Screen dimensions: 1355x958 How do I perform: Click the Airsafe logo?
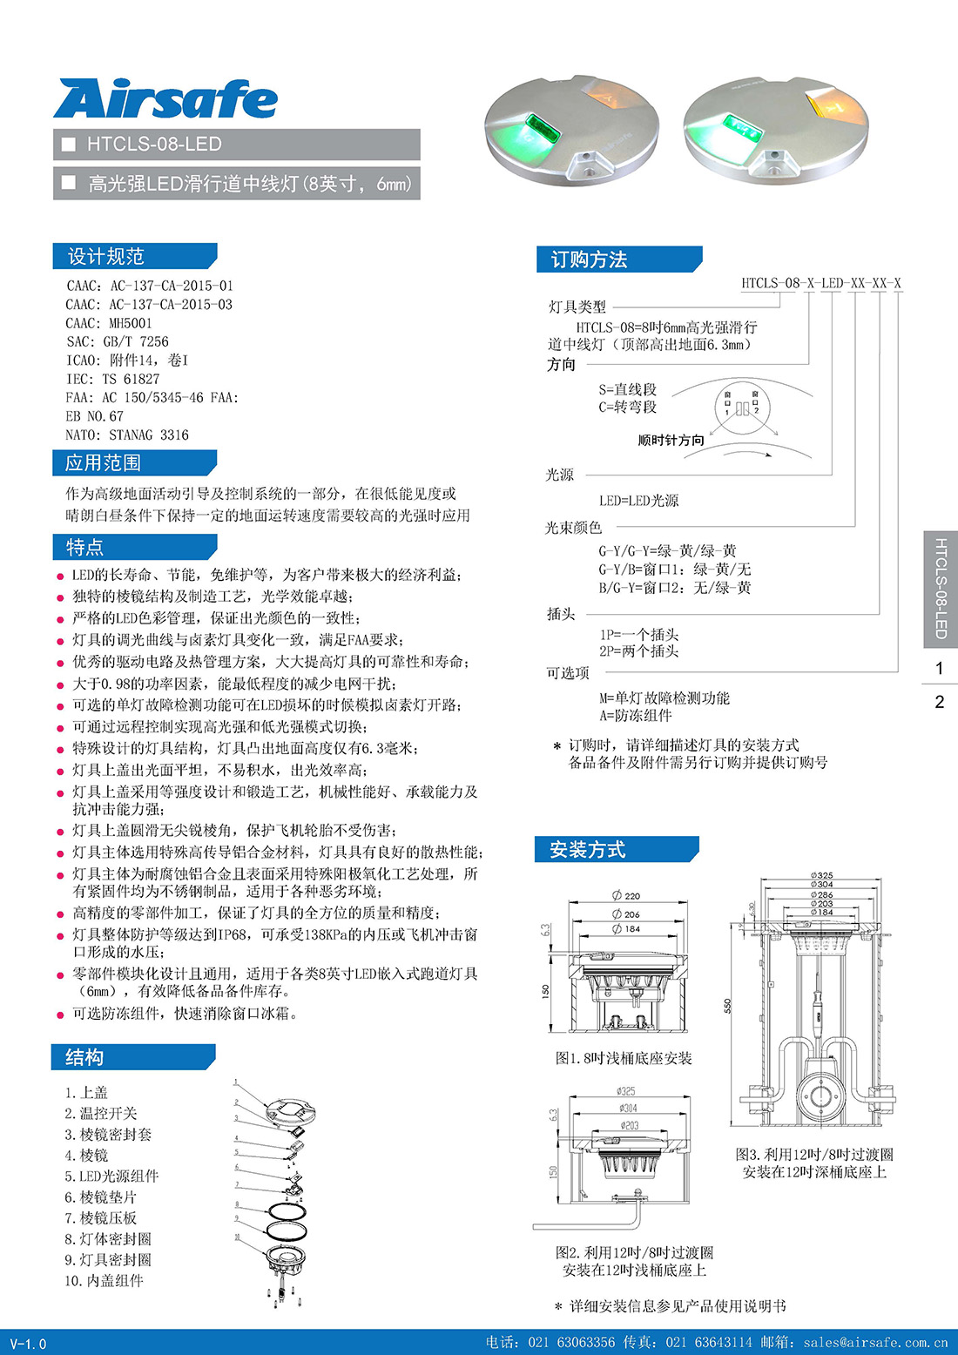tap(165, 99)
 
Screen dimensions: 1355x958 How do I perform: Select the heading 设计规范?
tap(105, 256)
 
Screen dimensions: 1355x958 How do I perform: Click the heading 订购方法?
tap(589, 260)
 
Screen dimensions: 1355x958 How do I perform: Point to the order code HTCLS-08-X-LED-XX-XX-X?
tap(820, 283)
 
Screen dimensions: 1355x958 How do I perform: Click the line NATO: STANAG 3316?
tap(127, 435)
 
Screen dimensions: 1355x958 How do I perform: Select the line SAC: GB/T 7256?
tap(118, 341)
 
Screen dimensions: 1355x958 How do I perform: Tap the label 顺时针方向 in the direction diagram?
tap(671, 441)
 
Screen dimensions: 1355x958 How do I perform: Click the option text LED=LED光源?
tap(638, 501)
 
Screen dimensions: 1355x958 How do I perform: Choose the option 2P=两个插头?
tap(638, 651)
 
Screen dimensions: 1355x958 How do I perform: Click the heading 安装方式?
tap(587, 850)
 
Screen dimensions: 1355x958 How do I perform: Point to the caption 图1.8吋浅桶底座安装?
tap(624, 1058)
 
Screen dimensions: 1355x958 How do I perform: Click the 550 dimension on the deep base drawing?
tap(727, 1005)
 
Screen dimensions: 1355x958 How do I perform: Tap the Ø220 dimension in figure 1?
tap(626, 895)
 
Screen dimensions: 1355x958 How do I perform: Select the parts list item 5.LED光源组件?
tap(111, 1176)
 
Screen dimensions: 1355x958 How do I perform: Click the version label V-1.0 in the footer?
tap(29, 1344)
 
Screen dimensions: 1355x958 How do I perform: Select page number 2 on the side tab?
tap(939, 702)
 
